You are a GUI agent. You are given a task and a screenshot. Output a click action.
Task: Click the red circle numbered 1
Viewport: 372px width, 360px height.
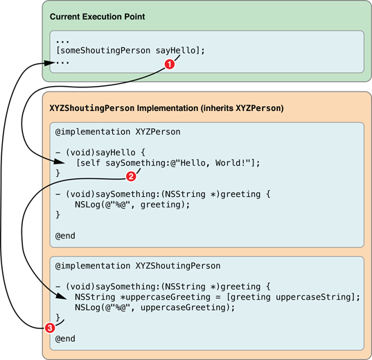pyautogui.click(x=170, y=64)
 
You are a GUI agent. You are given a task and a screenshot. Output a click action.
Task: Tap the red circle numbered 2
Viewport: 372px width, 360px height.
pyautogui.click(x=131, y=176)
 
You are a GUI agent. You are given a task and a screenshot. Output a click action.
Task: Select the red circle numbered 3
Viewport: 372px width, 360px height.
pyautogui.click(x=50, y=328)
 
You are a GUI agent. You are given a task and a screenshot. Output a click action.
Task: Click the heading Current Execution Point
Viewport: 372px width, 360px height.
pyautogui.click(x=97, y=17)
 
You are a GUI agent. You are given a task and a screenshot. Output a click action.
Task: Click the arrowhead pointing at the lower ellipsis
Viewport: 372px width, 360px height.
pyautogui.click(x=49, y=63)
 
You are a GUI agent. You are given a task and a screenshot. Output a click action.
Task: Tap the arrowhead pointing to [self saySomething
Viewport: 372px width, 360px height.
pyautogui.click(x=59, y=162)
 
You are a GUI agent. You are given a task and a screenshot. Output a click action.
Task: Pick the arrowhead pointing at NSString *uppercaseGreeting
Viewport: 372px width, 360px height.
pyautogui.click(x=62, y=296)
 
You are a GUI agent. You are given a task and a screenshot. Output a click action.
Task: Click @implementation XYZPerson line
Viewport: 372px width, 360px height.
pyautogui.click(x=118, y=132)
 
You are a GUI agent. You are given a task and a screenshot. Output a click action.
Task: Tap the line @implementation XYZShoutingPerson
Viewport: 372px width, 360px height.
pyautogui.click(x=138, y=266)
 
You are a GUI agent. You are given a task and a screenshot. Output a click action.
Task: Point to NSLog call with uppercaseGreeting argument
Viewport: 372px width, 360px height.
pyautogui.click(x=154, y=307)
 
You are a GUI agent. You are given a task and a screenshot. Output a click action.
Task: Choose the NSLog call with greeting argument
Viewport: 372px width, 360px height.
pyautogui.click(x=132, y=205)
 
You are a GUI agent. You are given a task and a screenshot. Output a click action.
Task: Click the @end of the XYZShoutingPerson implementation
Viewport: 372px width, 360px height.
pyautogui.click(x=65, y=338)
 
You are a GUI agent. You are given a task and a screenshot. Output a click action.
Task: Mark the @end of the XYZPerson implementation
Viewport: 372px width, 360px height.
pyautogui.click(x=65, y=236)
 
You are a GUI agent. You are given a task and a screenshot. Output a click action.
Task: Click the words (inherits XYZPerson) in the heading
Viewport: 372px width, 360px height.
pyautogui.click(x=242, y=108)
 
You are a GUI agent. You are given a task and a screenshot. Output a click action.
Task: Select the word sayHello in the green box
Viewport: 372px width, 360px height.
pyautogui.click(x=175, y=51)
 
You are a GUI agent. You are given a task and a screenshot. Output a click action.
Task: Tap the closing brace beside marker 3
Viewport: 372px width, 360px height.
pyautogui.click(x=57, y=318)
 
